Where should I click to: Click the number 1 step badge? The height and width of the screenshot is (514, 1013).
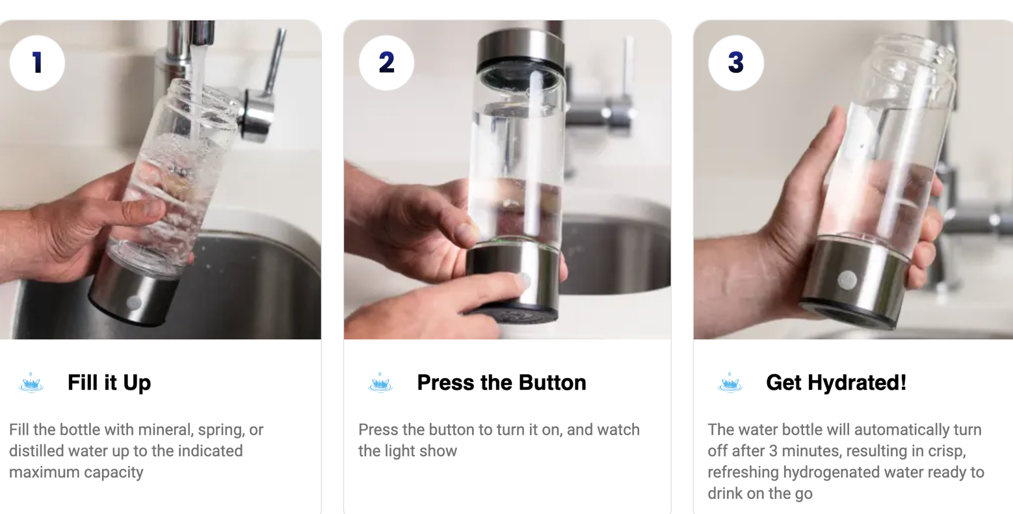pyautogui.click(x=37, y=62)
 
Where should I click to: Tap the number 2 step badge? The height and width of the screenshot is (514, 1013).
pyautogui.click(x=386, y=62)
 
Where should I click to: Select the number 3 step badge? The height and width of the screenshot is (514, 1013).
pyautogui.click(x=736, y=62)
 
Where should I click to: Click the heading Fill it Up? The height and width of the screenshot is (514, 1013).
pyautogui.click(x=109, y=383)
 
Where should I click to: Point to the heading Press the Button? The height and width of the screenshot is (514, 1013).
pyautogui.click(x=501, y=383)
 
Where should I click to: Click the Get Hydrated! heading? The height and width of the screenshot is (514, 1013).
pyautogui.click(x=836, y=383)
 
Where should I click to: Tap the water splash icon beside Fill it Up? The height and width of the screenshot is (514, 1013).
pyautogui.click(x=31, y=383)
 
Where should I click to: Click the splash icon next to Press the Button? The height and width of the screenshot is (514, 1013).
pyautogui.click(x=380, y=383)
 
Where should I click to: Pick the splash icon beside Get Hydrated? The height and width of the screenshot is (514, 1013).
pyautogui.click(x=730, y=383)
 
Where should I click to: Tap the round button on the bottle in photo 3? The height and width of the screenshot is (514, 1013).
pyautogui.click(x=847, y=280)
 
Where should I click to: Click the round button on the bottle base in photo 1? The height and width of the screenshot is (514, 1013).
pyautogui.click(x=134, y=302)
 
